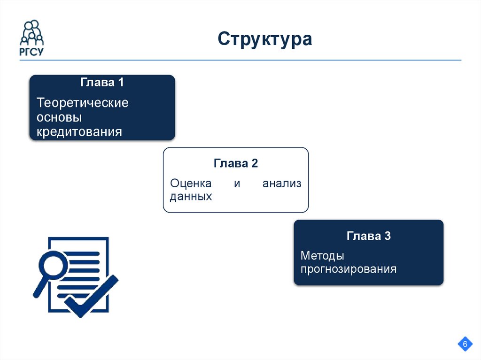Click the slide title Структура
264,39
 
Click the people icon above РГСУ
31,32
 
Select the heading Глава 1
102,83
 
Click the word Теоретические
83,102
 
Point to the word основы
59,117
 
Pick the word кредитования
79,132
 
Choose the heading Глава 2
236,163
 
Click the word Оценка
191,184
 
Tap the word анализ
282,184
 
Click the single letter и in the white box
237,184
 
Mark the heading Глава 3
369,236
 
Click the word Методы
322,256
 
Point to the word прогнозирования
349,269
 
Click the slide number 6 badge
465,345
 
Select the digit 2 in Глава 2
254,163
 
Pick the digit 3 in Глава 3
387,236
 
